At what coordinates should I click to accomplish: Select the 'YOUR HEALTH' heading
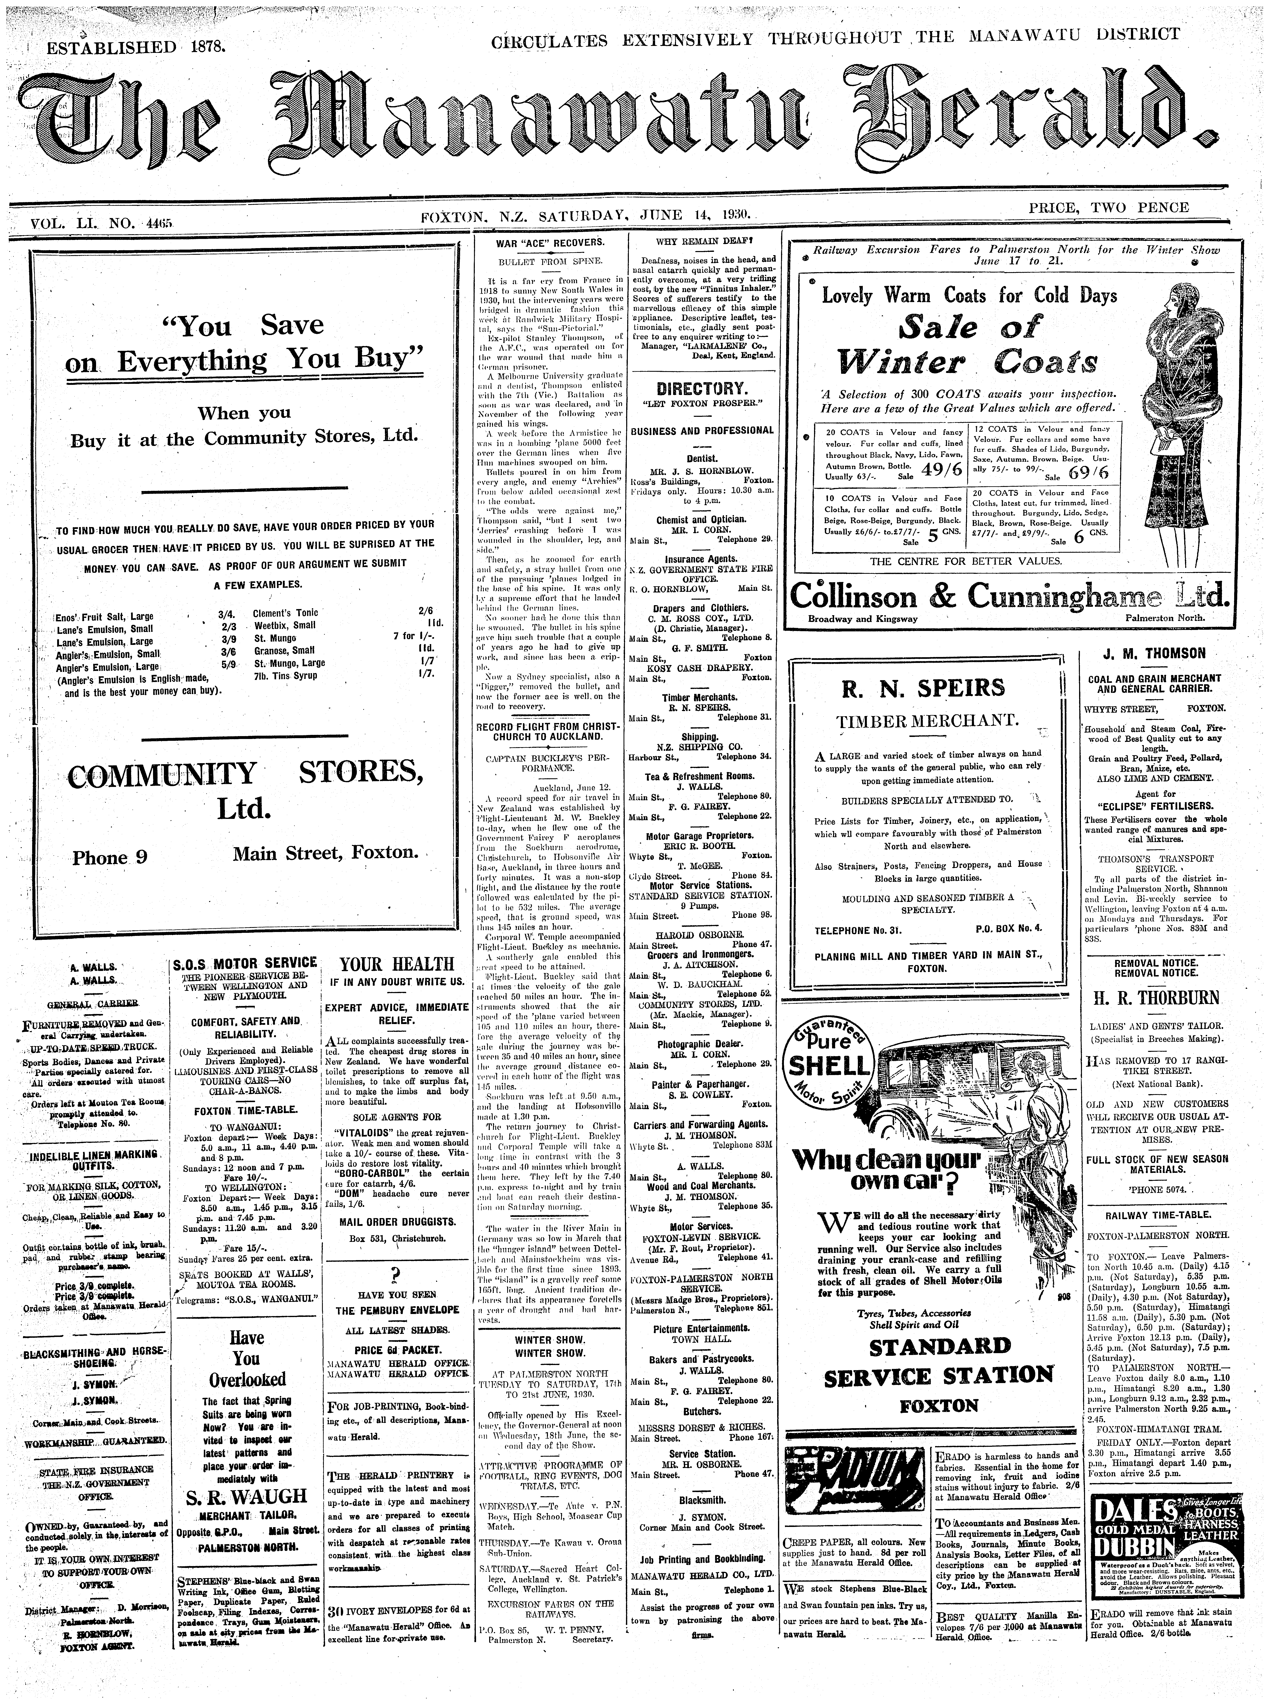[x=397, y=964]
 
